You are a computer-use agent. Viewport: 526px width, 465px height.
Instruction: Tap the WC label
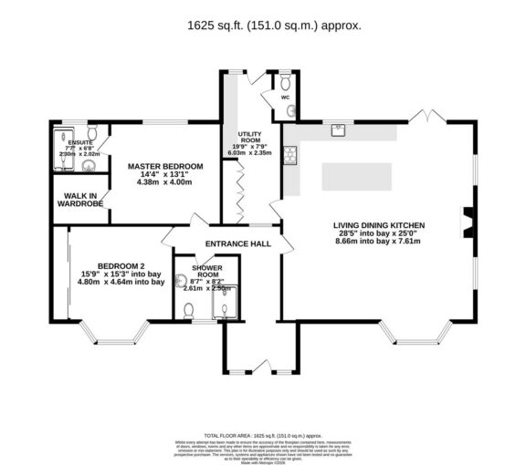click(285, 97)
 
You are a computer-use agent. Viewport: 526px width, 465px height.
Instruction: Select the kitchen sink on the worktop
click(336, 129)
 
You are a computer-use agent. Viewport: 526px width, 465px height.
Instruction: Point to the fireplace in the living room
click(467, 220)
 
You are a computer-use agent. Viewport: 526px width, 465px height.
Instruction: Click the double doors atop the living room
click(425, 117)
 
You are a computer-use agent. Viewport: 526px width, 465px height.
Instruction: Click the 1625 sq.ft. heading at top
click(262, 26)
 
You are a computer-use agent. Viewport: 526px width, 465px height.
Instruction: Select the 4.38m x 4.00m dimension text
click(165, 181)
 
